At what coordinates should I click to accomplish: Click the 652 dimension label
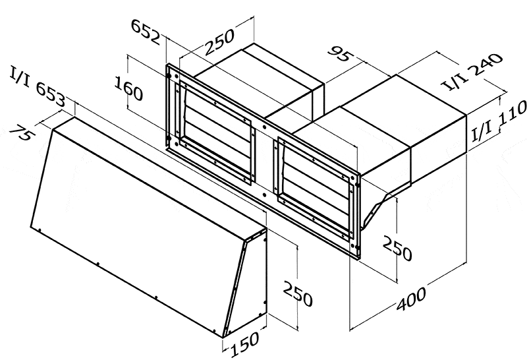tap(146, 32)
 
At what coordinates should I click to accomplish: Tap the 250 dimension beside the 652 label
tap(219, 42)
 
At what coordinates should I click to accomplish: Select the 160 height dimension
tap(128, 88)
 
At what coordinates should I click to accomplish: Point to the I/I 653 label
tap(38, 86)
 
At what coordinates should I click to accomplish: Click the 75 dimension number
tap(22, 133)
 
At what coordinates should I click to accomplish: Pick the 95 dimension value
tap(341, 55)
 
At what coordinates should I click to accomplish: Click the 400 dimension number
tap(411, 298)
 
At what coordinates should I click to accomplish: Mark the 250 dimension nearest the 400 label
tap(397, 249)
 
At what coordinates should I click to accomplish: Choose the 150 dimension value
tap(245, 344)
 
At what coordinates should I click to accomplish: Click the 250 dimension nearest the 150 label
tap(298, 293)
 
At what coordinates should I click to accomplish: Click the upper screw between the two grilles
tap(265, 127)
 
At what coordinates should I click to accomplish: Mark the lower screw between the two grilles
tap(265, 195)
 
